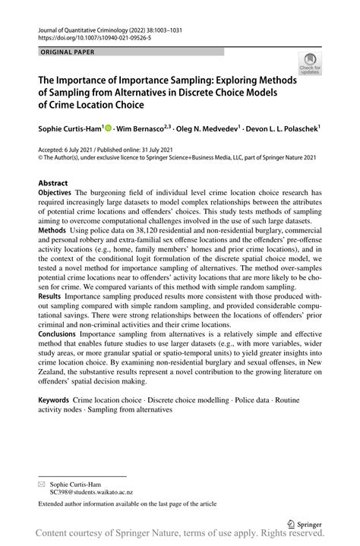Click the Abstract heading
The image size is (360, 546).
pyautogui.click(x=52, y=183)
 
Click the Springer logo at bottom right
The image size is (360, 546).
pyautogui.click(x=304, y=523)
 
